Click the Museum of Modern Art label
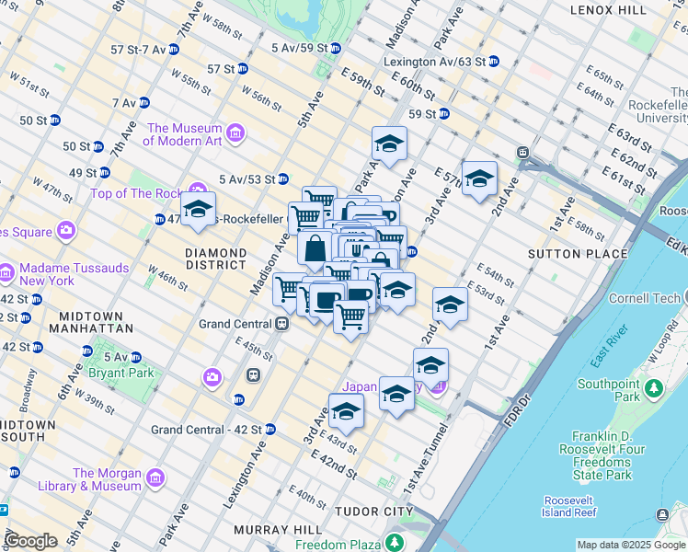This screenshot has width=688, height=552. (x=184, y=134)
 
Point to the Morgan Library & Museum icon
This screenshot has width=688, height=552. (x=155, y=478)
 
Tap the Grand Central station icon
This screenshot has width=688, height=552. (x=282, y=324)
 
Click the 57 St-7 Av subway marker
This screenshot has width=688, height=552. (x=173, y=49)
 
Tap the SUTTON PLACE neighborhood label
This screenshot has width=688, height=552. (x=578, y=253)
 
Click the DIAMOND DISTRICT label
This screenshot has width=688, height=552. (x=215, y=259)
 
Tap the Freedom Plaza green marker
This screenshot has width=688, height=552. (x=395, y=542)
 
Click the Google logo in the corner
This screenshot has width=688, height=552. (x=30, y=541)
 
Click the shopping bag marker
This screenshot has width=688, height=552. (x=315, y=248)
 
